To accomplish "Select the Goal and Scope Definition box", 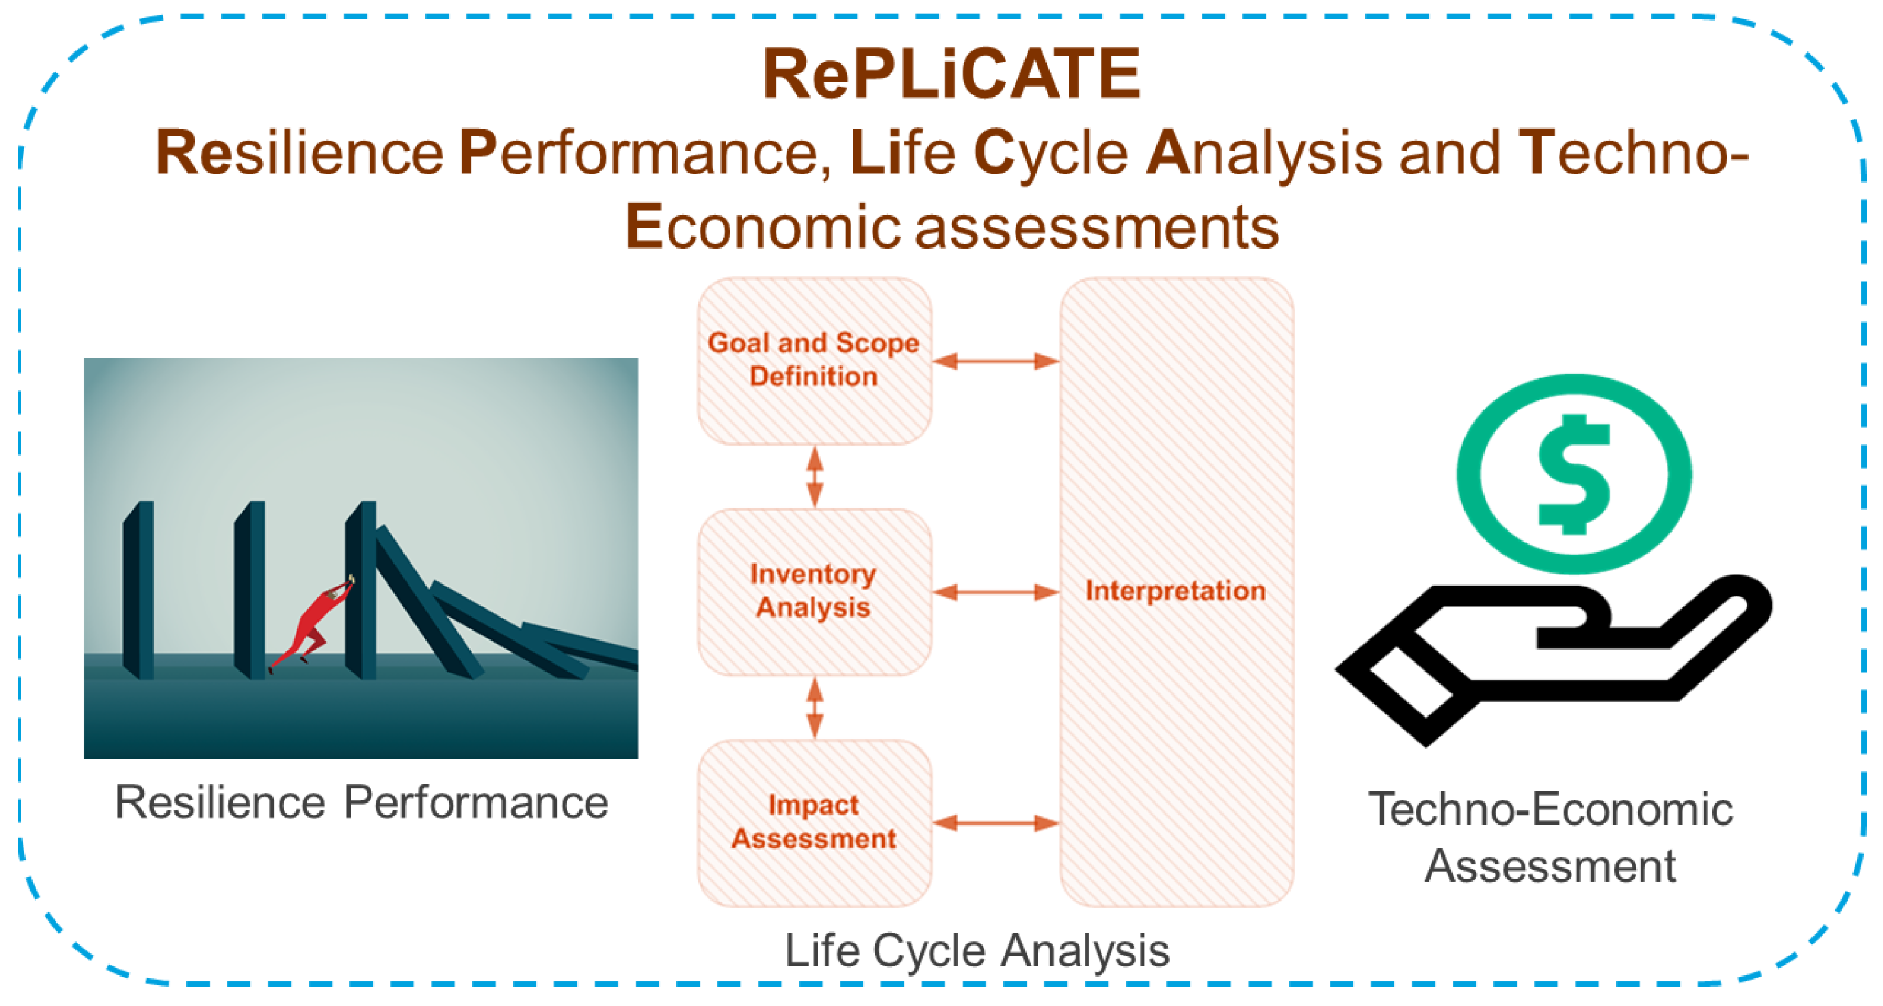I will [x=814, y=360].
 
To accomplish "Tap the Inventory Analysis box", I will [x=814, y=591].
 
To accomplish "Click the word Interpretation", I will [x=1175, y=591].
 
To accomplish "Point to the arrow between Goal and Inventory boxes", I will [x=814, y=477].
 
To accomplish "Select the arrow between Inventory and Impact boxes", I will [x=814, y=708].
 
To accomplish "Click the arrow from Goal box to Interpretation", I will [x=996, y=360].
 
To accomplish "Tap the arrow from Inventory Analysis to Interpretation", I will [x=996, y=591].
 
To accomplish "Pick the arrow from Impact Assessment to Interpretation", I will [x=996, y=823].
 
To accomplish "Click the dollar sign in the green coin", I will [x=1574, y=474].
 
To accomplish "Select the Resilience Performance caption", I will [x=361, y=803].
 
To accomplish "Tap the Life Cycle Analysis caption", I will [x=976, y=950].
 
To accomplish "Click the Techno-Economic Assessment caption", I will [x=1550, y=837].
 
